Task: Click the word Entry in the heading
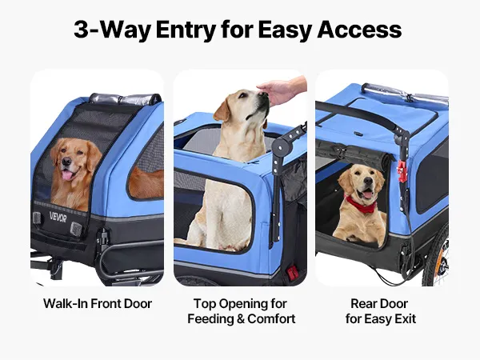[186, 30]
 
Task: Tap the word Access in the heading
[359, 30]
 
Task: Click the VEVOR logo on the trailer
[58, 217]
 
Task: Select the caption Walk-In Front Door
[98, 304]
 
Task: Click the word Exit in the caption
[405, 318]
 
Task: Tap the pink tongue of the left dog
[67, 175]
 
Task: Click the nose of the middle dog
[262, 94]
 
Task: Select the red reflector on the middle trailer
[292, 272]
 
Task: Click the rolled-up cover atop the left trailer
[125, 99]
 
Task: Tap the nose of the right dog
[368, 182]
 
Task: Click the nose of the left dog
[66, 162]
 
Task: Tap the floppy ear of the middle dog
[222, 110]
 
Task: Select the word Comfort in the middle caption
[271, 319]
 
